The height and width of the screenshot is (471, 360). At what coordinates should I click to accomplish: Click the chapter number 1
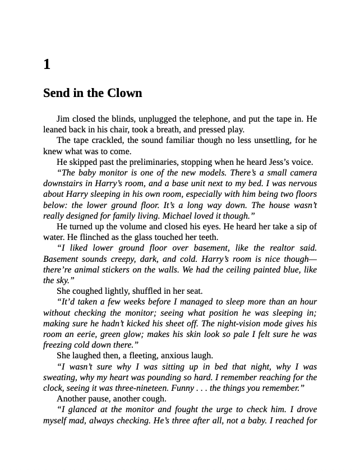pyautogui.click(x=47, y=64)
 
